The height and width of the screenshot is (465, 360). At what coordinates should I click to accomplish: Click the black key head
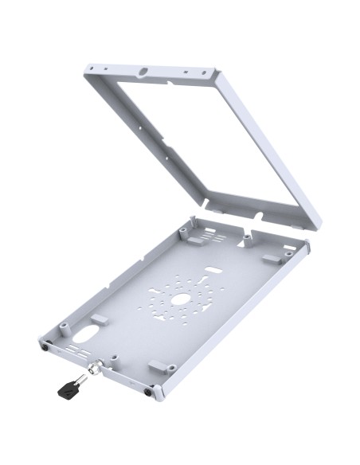[x=65, y=389]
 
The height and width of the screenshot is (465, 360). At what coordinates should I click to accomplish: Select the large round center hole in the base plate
[x=180, y=299]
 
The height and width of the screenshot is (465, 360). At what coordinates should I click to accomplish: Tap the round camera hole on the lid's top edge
[x=144, y=72]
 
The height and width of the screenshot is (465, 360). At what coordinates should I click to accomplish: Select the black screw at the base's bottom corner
[x=150, y=391]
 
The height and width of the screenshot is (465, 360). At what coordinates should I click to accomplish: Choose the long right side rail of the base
[x=239, y=318]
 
